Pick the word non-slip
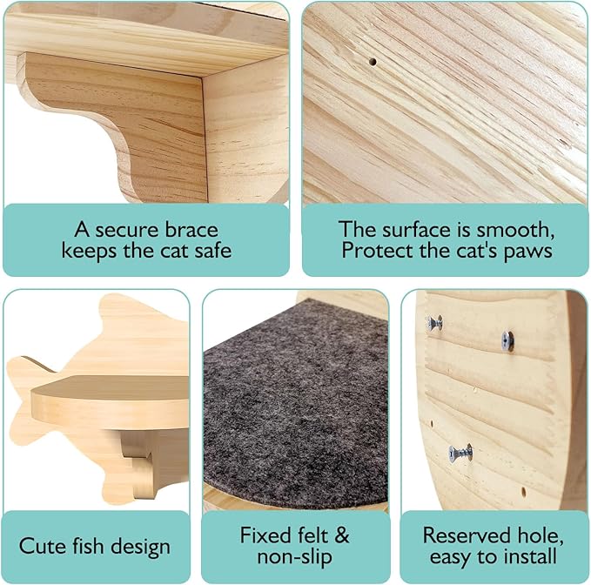pyautogui.click(x=295, y=556)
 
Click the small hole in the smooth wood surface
pyautogui.click(x=373, y=63)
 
